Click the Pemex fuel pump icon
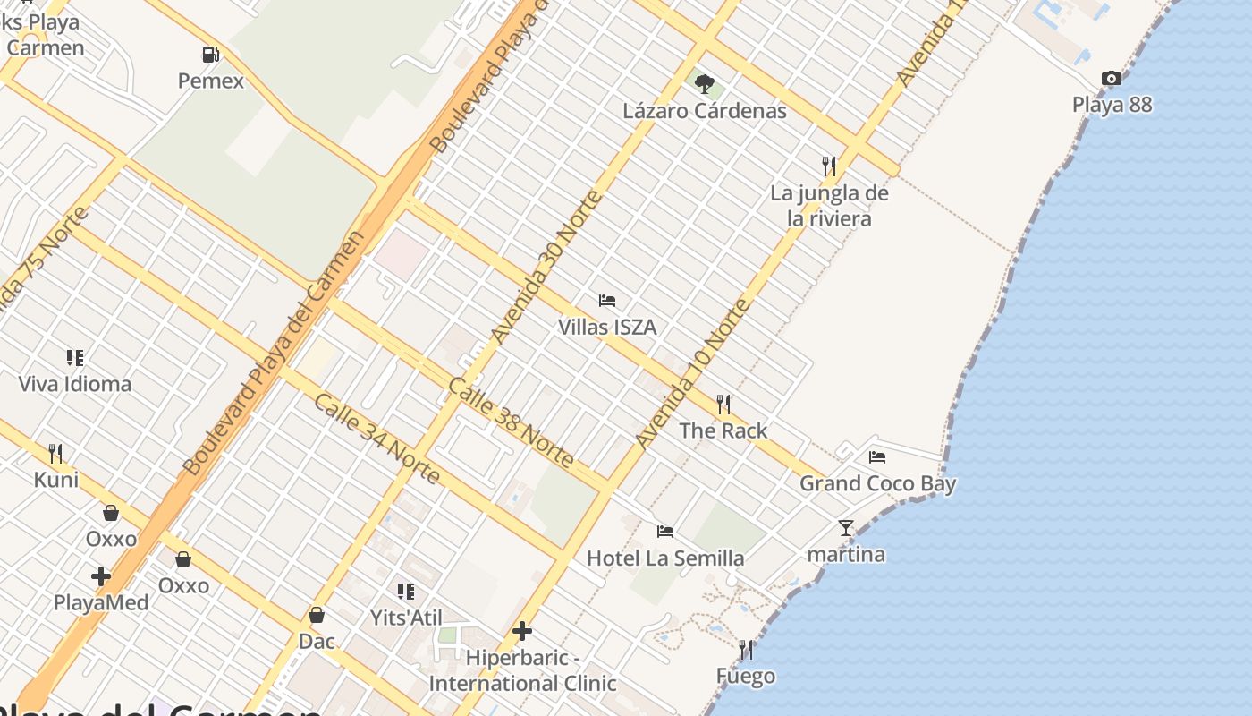[x=211, y=55]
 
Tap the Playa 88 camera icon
[x=1112, y=79]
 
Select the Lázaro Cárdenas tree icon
[x=705, y=84]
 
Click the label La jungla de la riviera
[x=829, y=206]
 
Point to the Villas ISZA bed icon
[x=607, y=301]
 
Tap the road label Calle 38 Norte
[x=510, y=422]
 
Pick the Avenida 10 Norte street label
[x=692, y=374]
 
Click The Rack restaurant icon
[x=723, y=405]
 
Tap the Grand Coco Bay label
[x=877, y=484]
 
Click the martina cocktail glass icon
[x=846, y=528]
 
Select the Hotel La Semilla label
[x=665, y=558]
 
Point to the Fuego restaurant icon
[x=746, y=649]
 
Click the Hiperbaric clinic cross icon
[x=522, y=632]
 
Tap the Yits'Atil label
[x=406, y=618]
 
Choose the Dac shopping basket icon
[x=316, y=615]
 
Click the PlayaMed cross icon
[x=101, y=576]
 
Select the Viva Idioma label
[x=75, y=384]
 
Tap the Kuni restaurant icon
[x=55, y=454]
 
